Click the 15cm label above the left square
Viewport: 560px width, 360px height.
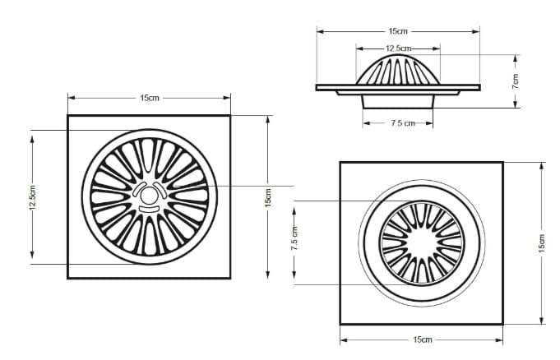tap(150, 98)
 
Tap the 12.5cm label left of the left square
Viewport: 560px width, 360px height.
tap(33, 197)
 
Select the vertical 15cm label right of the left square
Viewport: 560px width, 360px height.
tap(268, 197)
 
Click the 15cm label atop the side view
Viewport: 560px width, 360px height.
tap(398, 31)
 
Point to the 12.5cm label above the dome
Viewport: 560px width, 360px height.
tap(398, 48)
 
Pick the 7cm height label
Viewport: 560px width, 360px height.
tap(516, 81)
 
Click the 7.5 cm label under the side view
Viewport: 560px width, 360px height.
tap(403, 123)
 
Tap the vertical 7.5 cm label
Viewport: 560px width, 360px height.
tap(294, 238)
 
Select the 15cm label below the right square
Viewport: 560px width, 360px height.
tap(423, 339)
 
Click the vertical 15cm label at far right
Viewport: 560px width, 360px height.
tap(542, 244)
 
